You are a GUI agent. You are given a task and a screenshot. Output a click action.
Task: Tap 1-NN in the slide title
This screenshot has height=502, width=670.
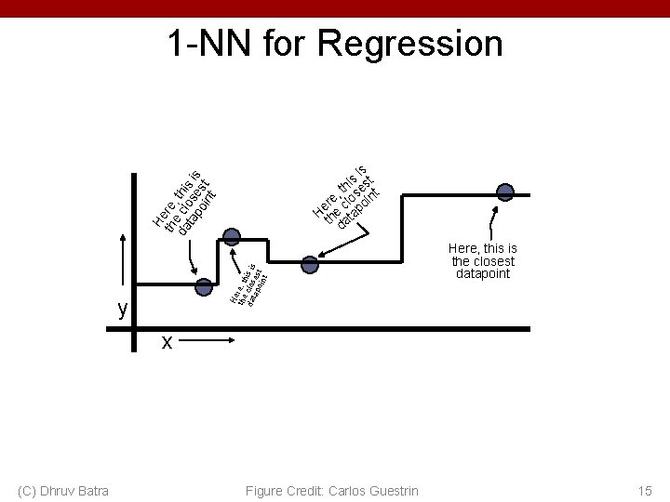point(207,44)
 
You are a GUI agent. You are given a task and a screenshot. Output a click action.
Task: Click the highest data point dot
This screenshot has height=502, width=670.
point(504,192)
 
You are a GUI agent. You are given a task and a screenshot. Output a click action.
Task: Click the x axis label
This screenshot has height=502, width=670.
point(167,342)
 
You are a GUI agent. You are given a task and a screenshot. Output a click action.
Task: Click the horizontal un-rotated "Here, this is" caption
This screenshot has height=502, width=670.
point(482,249)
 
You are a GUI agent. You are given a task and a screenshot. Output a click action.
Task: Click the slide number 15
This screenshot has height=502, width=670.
point(645,490)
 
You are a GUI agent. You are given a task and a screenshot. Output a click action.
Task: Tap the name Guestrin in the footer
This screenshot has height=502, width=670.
point(391,490)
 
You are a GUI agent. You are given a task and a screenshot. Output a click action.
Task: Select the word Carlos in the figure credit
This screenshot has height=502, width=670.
point(339,490)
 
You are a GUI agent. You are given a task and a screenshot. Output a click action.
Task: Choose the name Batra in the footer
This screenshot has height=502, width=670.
point(91,490)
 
